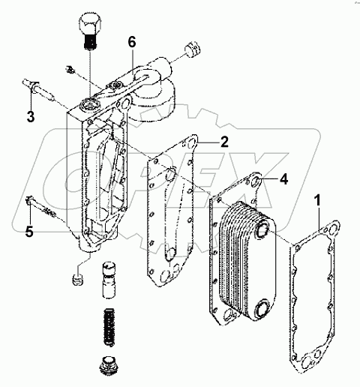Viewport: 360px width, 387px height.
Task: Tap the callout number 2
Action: click(224, 142)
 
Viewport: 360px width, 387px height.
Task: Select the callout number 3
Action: click(31, 116)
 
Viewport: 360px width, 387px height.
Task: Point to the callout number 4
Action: click(283, 179)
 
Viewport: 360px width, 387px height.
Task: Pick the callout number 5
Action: click(29, 232)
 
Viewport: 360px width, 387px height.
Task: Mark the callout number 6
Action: click(132, 42)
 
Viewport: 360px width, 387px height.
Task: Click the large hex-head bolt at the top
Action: click(90, 31)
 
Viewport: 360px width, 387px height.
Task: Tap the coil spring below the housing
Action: click(109, 326)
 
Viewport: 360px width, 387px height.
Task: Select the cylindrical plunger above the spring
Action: click(109, 280)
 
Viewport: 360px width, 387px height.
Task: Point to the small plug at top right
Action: click(193, 49)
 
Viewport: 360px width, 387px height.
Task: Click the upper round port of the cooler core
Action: click(262, 230)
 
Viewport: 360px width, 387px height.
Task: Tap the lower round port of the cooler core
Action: click(262, 309)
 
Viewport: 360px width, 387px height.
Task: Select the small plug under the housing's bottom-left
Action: click(78, 280)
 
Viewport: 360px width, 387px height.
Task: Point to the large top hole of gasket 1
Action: click(333, 228)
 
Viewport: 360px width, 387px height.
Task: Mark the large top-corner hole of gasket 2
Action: click(192, 143)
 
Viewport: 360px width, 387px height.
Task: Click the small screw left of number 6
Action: click(70, 70)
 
